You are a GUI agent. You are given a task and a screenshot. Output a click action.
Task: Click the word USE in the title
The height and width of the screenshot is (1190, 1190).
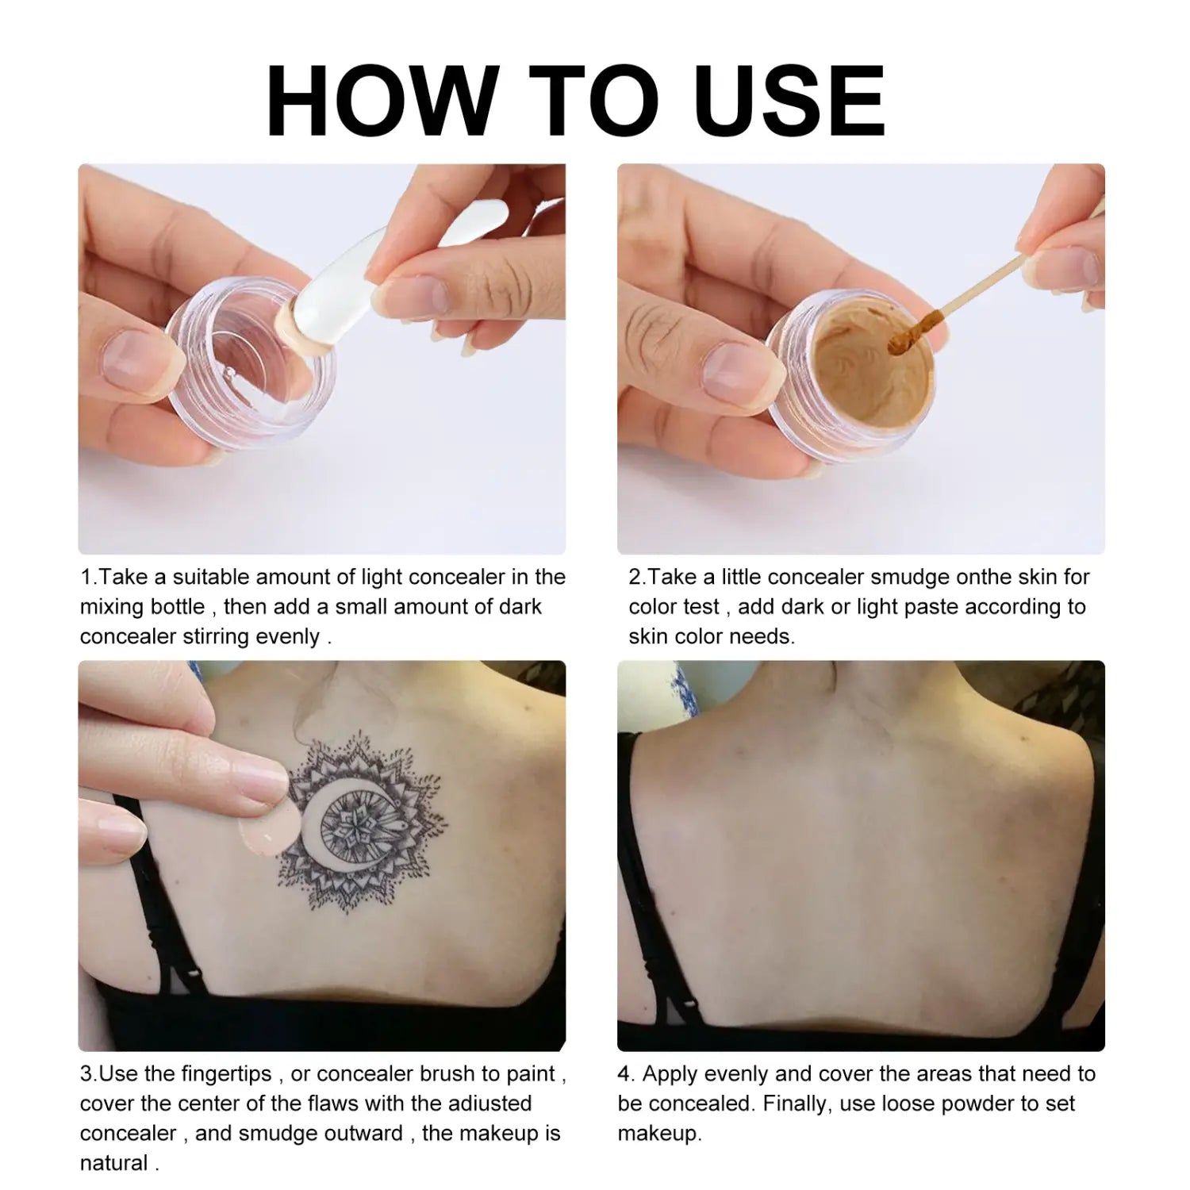click(x=789, y=101)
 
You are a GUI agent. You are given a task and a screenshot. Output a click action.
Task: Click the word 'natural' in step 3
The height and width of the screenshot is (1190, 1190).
click(x=114, y=1163)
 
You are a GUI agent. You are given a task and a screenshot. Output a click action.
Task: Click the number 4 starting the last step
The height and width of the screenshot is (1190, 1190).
click(x=625, y=1074)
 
